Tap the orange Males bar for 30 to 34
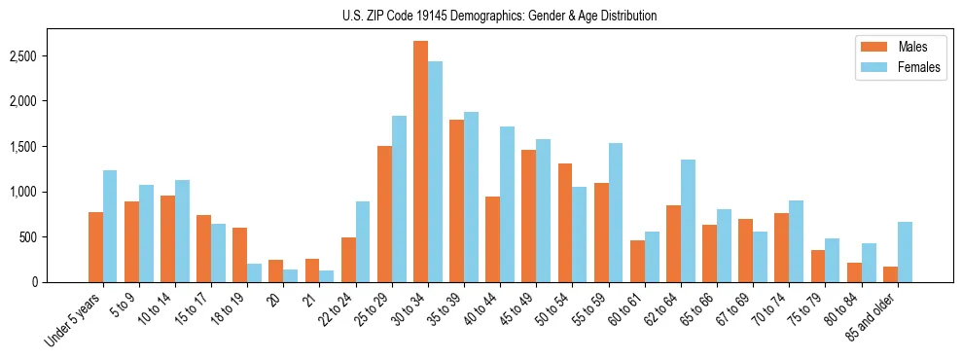(420, 162)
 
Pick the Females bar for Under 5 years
(110, 227)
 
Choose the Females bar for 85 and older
(905, 252)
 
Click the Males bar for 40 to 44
(492, 239)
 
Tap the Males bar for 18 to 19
(239, 255)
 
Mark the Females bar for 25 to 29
(399, 199)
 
